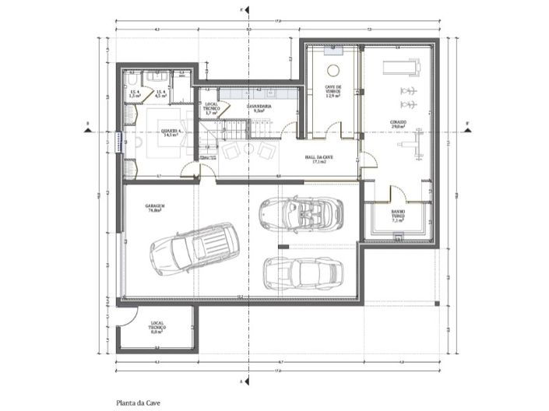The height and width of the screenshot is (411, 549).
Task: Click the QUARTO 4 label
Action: point(167,133)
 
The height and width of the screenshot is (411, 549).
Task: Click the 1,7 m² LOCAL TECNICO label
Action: point(210,110)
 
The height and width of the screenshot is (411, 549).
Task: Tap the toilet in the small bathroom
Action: point(133,79)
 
